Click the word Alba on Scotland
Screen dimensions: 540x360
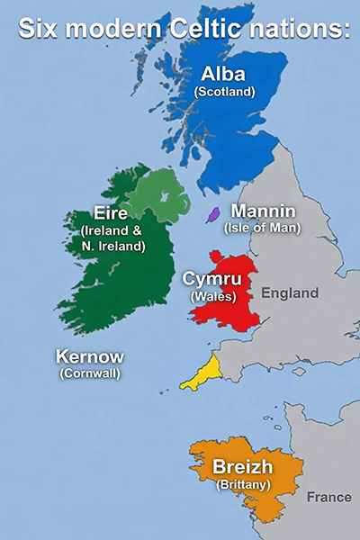tap(225, 73)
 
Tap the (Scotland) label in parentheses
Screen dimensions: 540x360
tap(225, 91)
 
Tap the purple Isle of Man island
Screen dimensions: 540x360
tap(213, 214)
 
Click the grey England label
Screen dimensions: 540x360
tap(290, 293)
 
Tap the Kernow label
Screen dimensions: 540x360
tap(89, 355)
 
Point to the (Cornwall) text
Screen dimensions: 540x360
tap(89, 373)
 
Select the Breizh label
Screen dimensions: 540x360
tap(242, 467)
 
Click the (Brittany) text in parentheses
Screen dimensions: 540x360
tap(242, 484)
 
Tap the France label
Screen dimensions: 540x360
tap(328, 497)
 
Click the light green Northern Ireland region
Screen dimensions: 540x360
tap(157, 193)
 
